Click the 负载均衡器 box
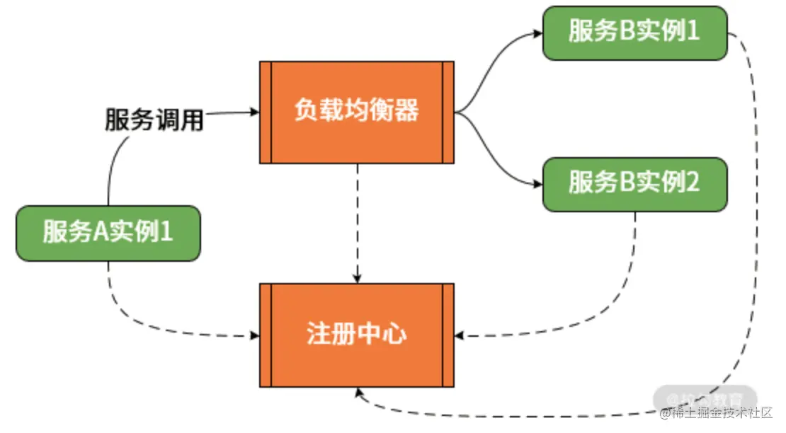click(x=357, y=112)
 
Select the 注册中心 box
click(x=357, y=335)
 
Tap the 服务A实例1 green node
click(x=108, y=233)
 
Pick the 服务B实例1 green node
click(x=634, y=33)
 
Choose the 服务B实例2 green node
click(x=634, y=184)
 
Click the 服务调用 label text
click(x=154, y=120)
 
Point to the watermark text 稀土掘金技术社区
click(x=717, y=413)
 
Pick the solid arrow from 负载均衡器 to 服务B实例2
click(x=499, y=160)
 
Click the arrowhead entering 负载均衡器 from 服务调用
click(x=254, y=112)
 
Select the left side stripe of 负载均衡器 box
click(x=266, y=112)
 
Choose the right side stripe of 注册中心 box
click(x=448, y=335)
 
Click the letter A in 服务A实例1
click(x=101, y=233)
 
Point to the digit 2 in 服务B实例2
click(x=693, y=184)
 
